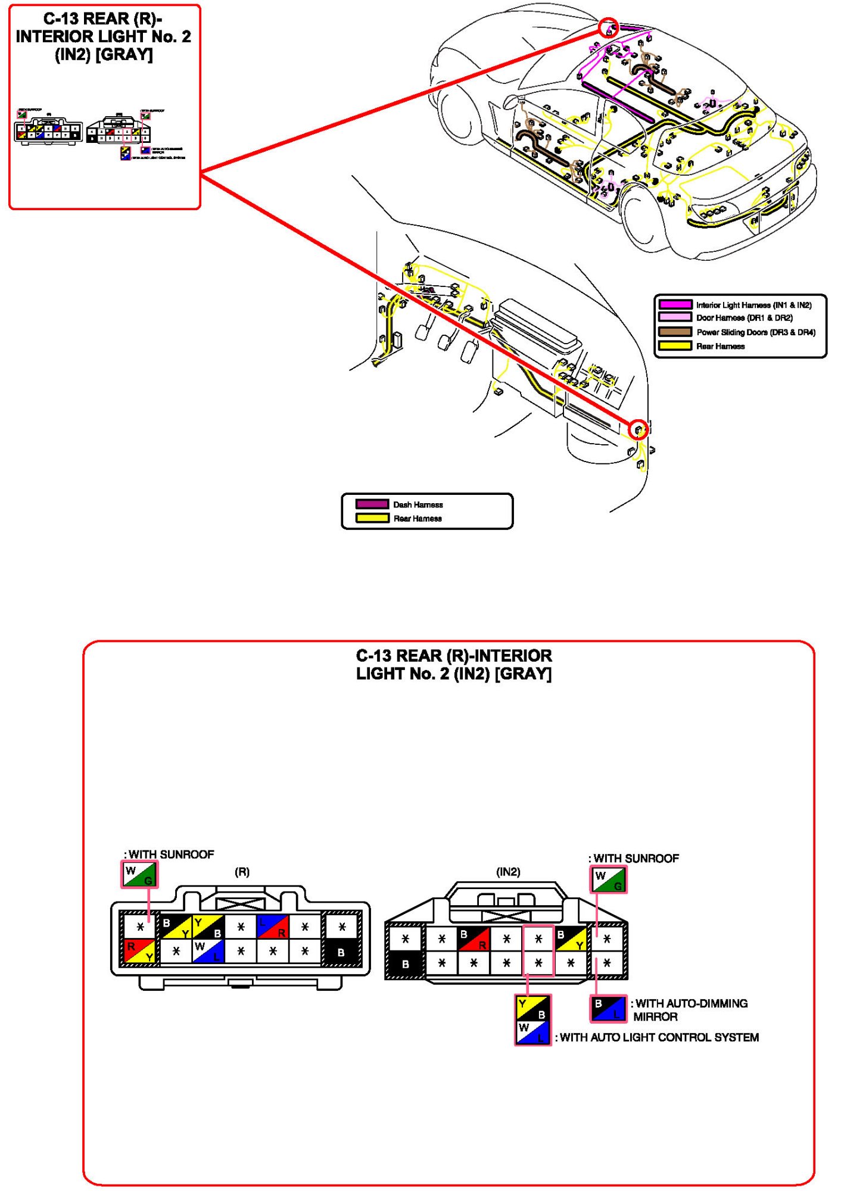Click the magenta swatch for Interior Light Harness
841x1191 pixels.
pyautogui.click(x=675, y=304)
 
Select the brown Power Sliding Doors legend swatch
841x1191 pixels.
pyautogui.click(x=675, y=332)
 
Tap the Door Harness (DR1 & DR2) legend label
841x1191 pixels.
pyautogui.click(x=744, y=318)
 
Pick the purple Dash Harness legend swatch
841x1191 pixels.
pyautogui.click(x=372, y=504)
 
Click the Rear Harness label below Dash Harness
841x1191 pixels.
pyautogui.click(x=418, y=519)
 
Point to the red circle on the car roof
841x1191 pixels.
pyautogui.click(x=608, y=27)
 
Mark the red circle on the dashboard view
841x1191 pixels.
pyautogui.click(x=638, y=429)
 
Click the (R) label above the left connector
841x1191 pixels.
pyautogui.click(x=242, y=872)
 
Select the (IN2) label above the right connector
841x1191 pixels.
pyautogui.click(x=508, y=872)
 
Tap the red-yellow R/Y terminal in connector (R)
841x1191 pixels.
pyautogui.click(x=140, y=951)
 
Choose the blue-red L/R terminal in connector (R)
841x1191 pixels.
pyautogui.click(x=272, y=927)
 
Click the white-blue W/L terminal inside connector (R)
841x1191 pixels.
pyautogui.click(x=208, y=951)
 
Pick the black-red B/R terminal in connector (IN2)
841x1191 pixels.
pyautogui.click(x=474, y=939)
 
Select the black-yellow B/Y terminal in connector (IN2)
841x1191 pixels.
pyautogui.click(x=571, y=939)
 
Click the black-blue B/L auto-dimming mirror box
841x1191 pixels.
pyautogui.click(x=608, y=1008)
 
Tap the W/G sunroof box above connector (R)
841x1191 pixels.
pyautogui.click(x=139, y=875)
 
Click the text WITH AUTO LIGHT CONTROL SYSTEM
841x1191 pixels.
pyautogui.click(x=659, y=1037)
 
